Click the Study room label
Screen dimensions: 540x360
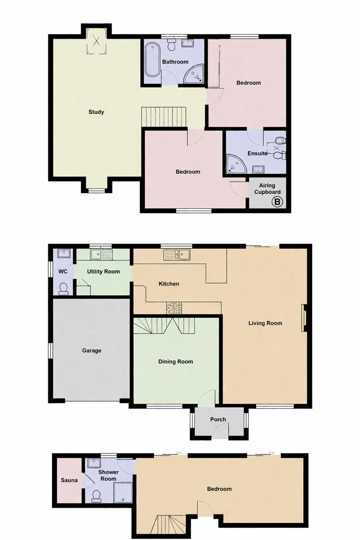96,112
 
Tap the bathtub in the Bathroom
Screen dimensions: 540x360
152,59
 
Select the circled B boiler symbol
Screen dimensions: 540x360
277,202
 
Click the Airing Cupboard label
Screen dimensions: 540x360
267,188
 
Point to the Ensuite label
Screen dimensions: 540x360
257,153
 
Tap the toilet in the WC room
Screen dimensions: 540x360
63,288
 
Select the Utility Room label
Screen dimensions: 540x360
103,271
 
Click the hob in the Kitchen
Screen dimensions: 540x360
174,307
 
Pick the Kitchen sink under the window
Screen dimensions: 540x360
176,255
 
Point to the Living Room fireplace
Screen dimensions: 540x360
303,318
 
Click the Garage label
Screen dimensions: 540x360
91,350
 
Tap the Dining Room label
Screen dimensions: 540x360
175,361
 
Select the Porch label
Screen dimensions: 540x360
218,419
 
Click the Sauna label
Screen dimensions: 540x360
69,481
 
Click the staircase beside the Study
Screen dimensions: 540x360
164,116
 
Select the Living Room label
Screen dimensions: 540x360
265,323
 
